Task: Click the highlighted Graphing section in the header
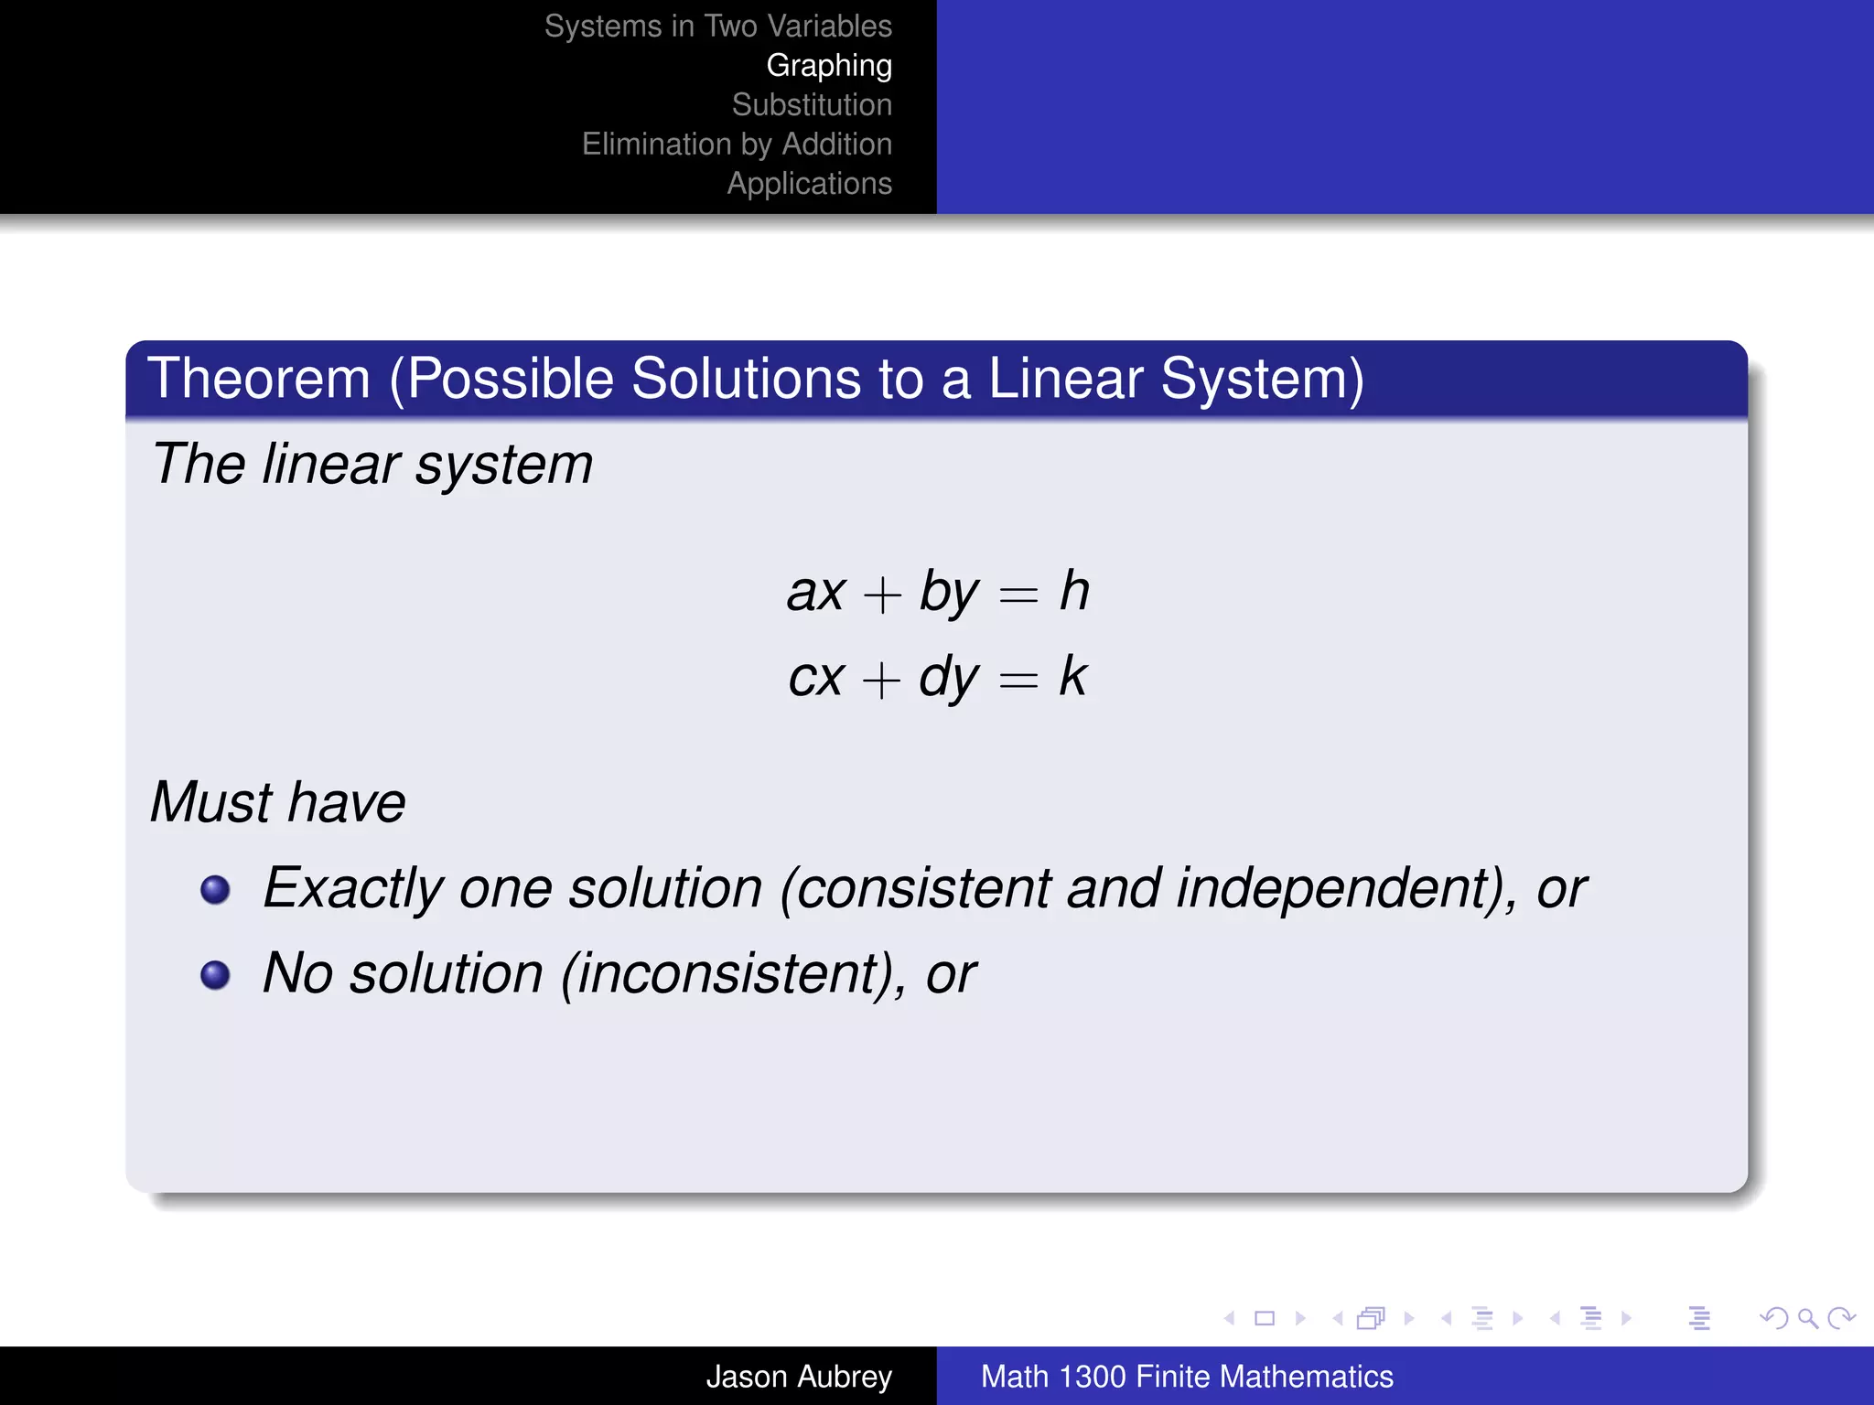(829, 66)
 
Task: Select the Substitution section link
(812, 105)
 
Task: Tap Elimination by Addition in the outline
(737, 145)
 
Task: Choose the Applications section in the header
(809, 184)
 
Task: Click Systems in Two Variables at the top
(717, 27)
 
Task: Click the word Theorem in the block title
(259, 379)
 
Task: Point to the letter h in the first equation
(1074, 591)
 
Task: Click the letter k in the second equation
(1072, 677)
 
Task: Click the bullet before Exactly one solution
(215, 889)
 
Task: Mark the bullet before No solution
(215, 974)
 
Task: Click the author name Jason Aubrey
(798, 1377)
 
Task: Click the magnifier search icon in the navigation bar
(1806, 1318)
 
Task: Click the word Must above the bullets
(211, 802)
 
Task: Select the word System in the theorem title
(1262, 379)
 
